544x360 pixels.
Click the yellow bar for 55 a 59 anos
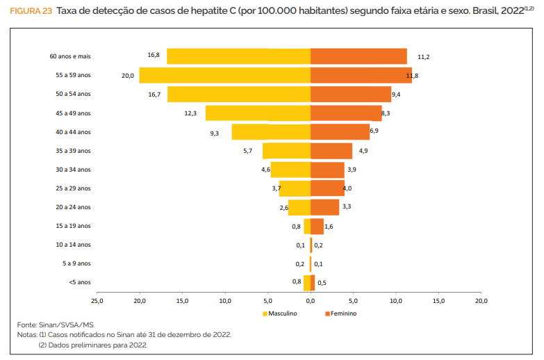pos(224,75)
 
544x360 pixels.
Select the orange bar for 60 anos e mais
pos(358,56)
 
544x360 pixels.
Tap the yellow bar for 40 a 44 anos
pos(271,132)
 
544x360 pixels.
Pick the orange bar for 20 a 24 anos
pos(324,207)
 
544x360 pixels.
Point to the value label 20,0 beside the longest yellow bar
pos(128,75)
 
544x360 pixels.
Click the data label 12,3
pos(190,113)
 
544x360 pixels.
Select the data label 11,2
pos(424,56)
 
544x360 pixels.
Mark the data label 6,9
pos(374,131)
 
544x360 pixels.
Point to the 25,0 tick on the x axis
pos(97,302)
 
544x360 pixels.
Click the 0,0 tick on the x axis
pos(310,302)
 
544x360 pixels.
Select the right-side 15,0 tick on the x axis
pos(438,302)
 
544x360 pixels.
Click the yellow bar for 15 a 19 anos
pos(306,226)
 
